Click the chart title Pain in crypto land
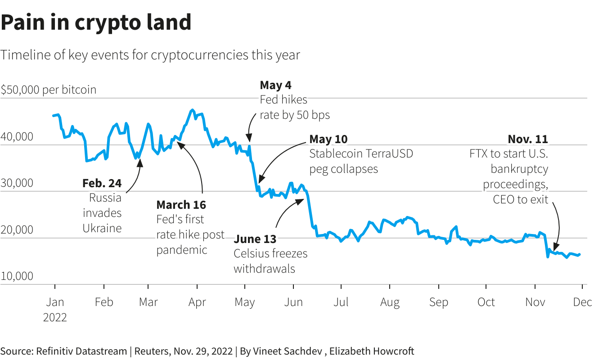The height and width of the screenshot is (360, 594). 96,22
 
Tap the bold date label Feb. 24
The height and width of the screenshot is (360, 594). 102,183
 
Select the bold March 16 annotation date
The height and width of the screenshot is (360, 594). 181,205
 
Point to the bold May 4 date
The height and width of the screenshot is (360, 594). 276,85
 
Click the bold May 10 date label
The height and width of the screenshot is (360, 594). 328,139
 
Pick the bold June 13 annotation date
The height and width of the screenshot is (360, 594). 255,238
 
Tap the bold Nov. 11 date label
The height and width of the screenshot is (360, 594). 528,139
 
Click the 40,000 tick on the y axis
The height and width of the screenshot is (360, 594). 17,136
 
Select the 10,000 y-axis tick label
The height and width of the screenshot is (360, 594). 17,276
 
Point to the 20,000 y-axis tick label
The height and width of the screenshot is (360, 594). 17,229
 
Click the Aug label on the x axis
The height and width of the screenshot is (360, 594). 390,302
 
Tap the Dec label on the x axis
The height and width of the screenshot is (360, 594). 582,302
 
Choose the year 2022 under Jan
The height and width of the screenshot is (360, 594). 55,317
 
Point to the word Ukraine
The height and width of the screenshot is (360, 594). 102,228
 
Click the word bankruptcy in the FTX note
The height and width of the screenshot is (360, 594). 519,169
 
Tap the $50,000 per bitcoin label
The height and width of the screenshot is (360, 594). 49,90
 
